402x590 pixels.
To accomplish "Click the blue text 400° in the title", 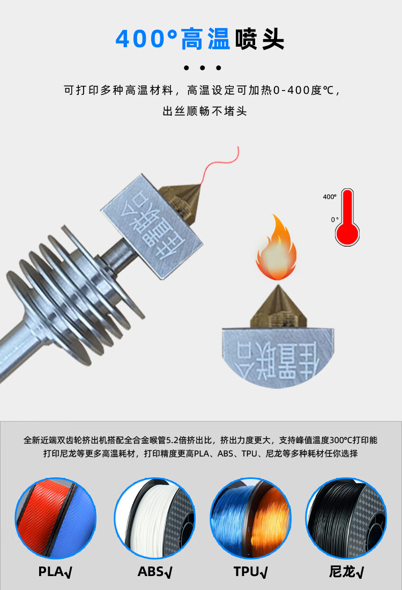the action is (146, 39).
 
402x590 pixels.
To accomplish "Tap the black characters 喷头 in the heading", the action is (259, 39).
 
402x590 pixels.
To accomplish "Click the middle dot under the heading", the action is (202, 68).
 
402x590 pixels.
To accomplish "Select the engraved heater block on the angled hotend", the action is (152, 226).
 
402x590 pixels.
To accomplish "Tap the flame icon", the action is (277, 247).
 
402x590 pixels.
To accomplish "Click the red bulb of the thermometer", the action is (347, 233).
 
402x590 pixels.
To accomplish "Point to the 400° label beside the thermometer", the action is (330, 197).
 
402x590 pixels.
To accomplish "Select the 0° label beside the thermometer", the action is (334, 220).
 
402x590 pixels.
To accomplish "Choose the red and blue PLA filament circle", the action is (56, 518).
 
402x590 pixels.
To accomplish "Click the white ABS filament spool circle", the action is (155, 518).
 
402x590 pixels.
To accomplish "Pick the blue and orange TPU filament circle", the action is (250, 518).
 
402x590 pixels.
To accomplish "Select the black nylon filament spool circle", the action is (346, 518).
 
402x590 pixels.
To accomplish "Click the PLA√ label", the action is (55, 572).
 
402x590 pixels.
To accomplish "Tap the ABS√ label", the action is (155, 572).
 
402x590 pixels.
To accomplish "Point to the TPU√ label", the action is (250, 572).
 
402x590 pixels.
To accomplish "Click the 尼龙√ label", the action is (346, 572).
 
